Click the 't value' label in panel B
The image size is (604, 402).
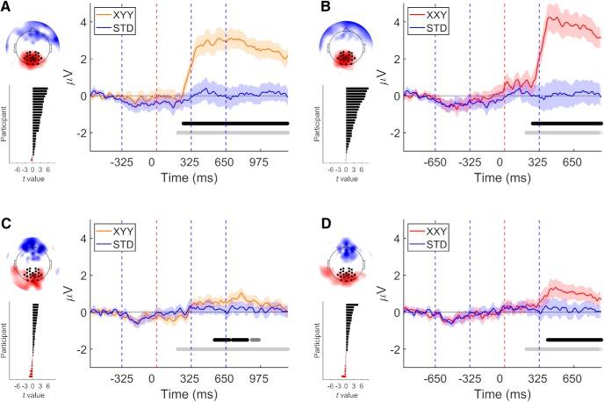[348, 177]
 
